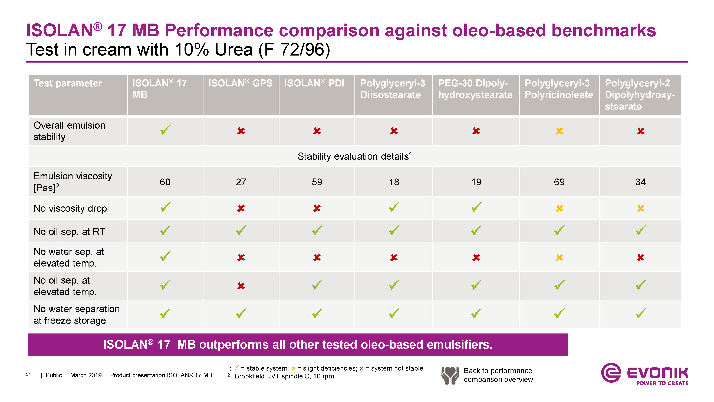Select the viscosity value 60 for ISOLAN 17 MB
tap(165, 182)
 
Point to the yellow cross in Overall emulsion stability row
tap(559, 131)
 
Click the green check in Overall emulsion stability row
tap(165, 130)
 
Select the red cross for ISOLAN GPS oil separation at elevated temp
tap(241, 286)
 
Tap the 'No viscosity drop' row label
tap(70, 208)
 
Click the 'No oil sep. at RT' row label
tap(69, 232)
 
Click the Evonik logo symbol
tap(611, 373)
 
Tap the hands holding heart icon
tap(450, 375)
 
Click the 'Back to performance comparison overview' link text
tap(498, 375)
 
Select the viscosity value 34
tap(640, 182)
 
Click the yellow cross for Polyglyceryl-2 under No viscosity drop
tap(640, 208)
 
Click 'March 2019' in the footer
tap(86, 375)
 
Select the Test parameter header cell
tap(78, 95)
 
